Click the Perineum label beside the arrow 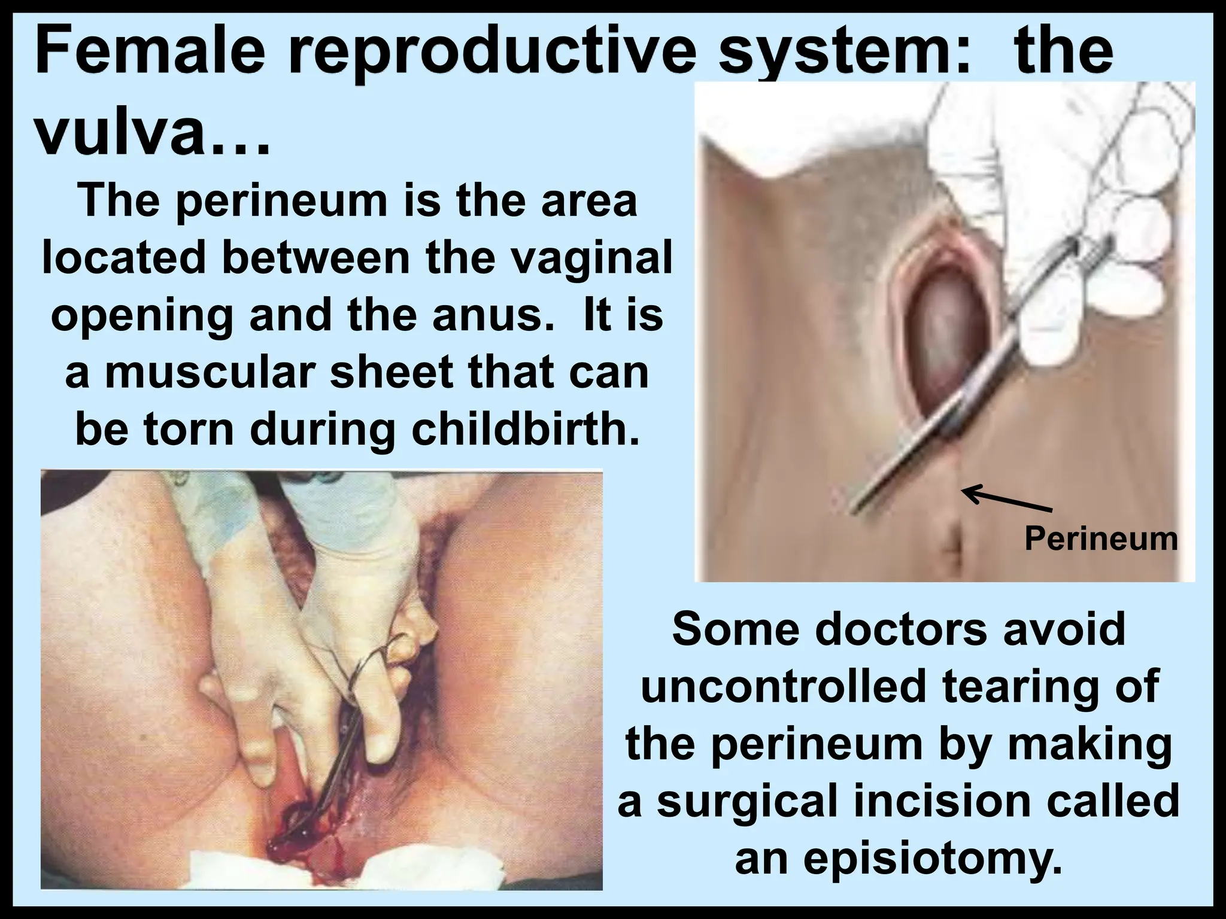pyautogui.click(x=1101, y=538)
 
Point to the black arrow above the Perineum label pyautogui.click(x=1006, y=500)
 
